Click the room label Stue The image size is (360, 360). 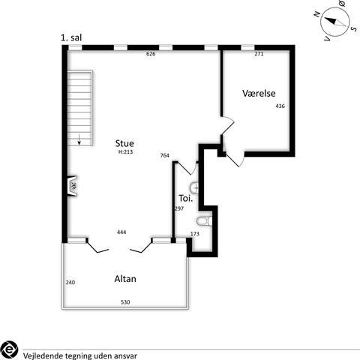(x=124, y=143)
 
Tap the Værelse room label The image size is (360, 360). (x=259, y=93)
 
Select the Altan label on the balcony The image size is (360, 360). (x=125, y=279)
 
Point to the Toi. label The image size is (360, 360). (x=186, y=199)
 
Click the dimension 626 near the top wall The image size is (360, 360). (x=151, y=54)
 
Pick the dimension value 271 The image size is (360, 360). (x=259, y=54)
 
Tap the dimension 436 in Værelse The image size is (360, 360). (x=280, y=106)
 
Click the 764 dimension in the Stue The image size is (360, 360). (x=165, y=155)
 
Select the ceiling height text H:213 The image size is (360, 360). (x=125, y=151)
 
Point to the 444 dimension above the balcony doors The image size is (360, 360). (x=121, y=232)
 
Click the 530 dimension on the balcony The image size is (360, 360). (x=125, y=302)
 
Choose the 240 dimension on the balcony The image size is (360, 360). (x=70, y=283)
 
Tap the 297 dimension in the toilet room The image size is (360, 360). (x=179, y=208)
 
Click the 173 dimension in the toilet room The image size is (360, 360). (x=195, y=234)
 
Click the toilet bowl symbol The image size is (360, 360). (x=205, y=221)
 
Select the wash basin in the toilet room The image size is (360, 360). (x=194, y=187)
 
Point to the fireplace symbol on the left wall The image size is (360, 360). (x=72, y=186)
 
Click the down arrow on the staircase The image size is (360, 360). (x=79, y=139)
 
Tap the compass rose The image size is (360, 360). (x=335, y=22)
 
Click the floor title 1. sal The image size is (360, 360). (x=71, y=37)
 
